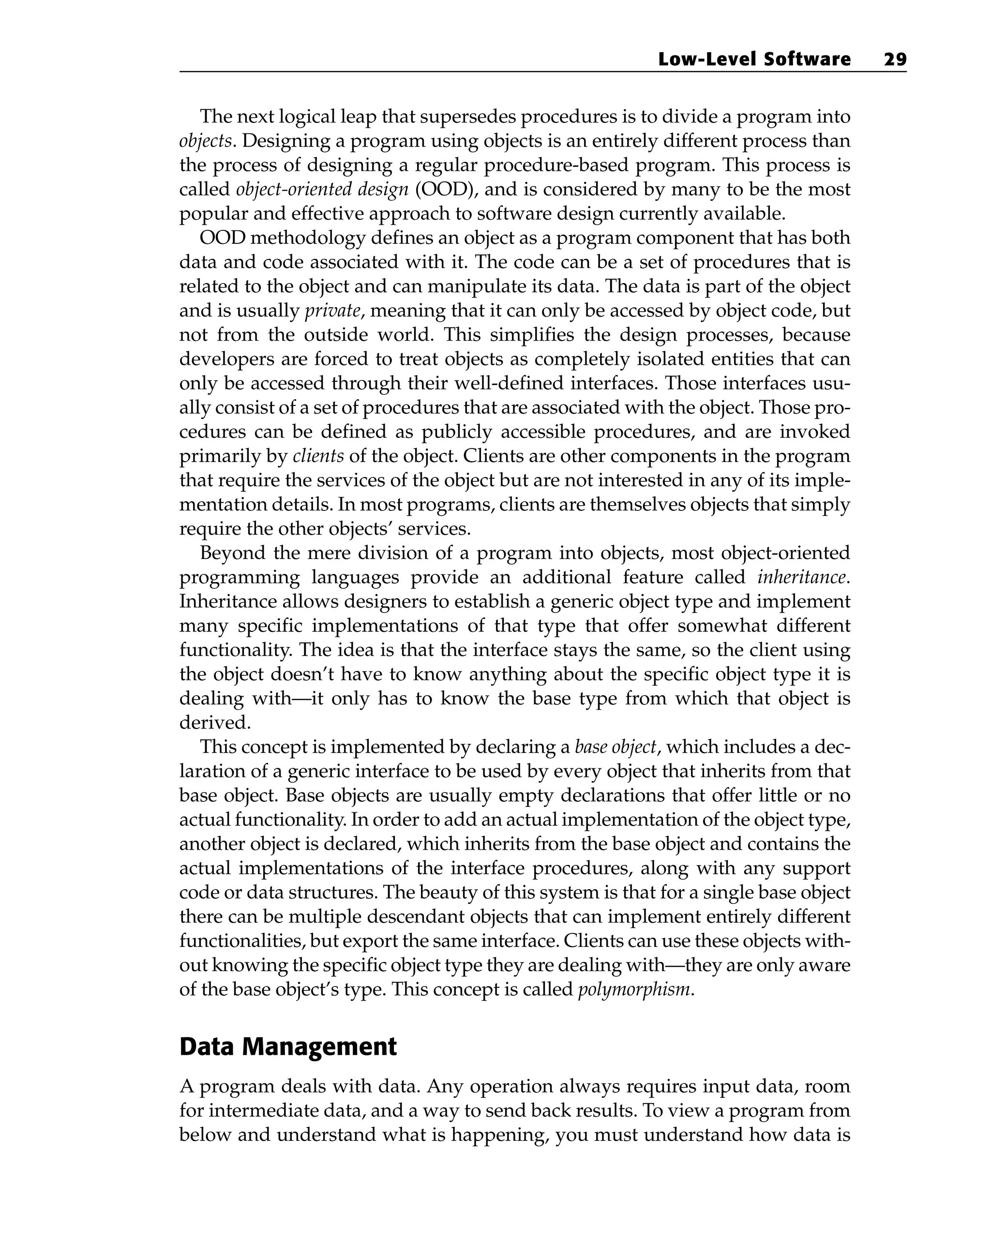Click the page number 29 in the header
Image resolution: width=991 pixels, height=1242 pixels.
click(894, 60)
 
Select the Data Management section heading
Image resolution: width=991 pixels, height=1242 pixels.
click(288, 1047)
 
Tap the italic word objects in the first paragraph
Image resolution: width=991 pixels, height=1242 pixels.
click(205, 141)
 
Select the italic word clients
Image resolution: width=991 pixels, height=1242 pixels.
click(318, 456)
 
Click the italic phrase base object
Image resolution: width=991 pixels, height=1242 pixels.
click(616, 747)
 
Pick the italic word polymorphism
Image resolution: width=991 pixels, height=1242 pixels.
click(632, 989)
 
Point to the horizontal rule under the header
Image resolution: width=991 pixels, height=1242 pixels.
click(541, 72)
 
